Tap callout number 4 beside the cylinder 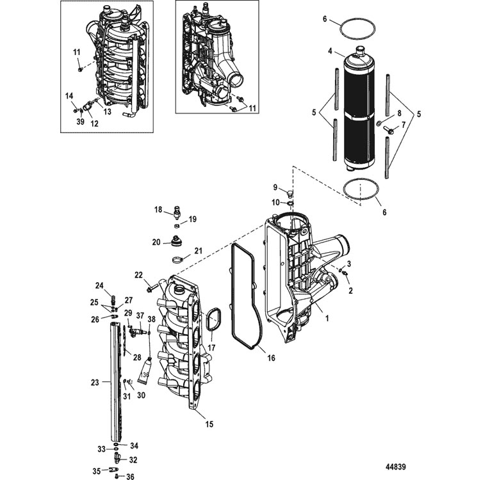click(x=330, y=51)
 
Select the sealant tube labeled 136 click(x=145, y=371)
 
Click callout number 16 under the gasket click(x=271, y=357)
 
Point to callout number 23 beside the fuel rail click(x=95, y=382)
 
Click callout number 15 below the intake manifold click(x=209, y=424)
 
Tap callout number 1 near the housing click(x=327, y=319)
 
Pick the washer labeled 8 click(x=379, y=124)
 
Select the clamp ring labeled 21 click(x=177, y=260)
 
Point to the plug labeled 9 click(x=289, y=193)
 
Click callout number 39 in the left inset click(x=80, y=122)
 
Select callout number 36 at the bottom click(x=131, y=476)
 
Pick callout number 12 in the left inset click(x=95, y=124)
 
